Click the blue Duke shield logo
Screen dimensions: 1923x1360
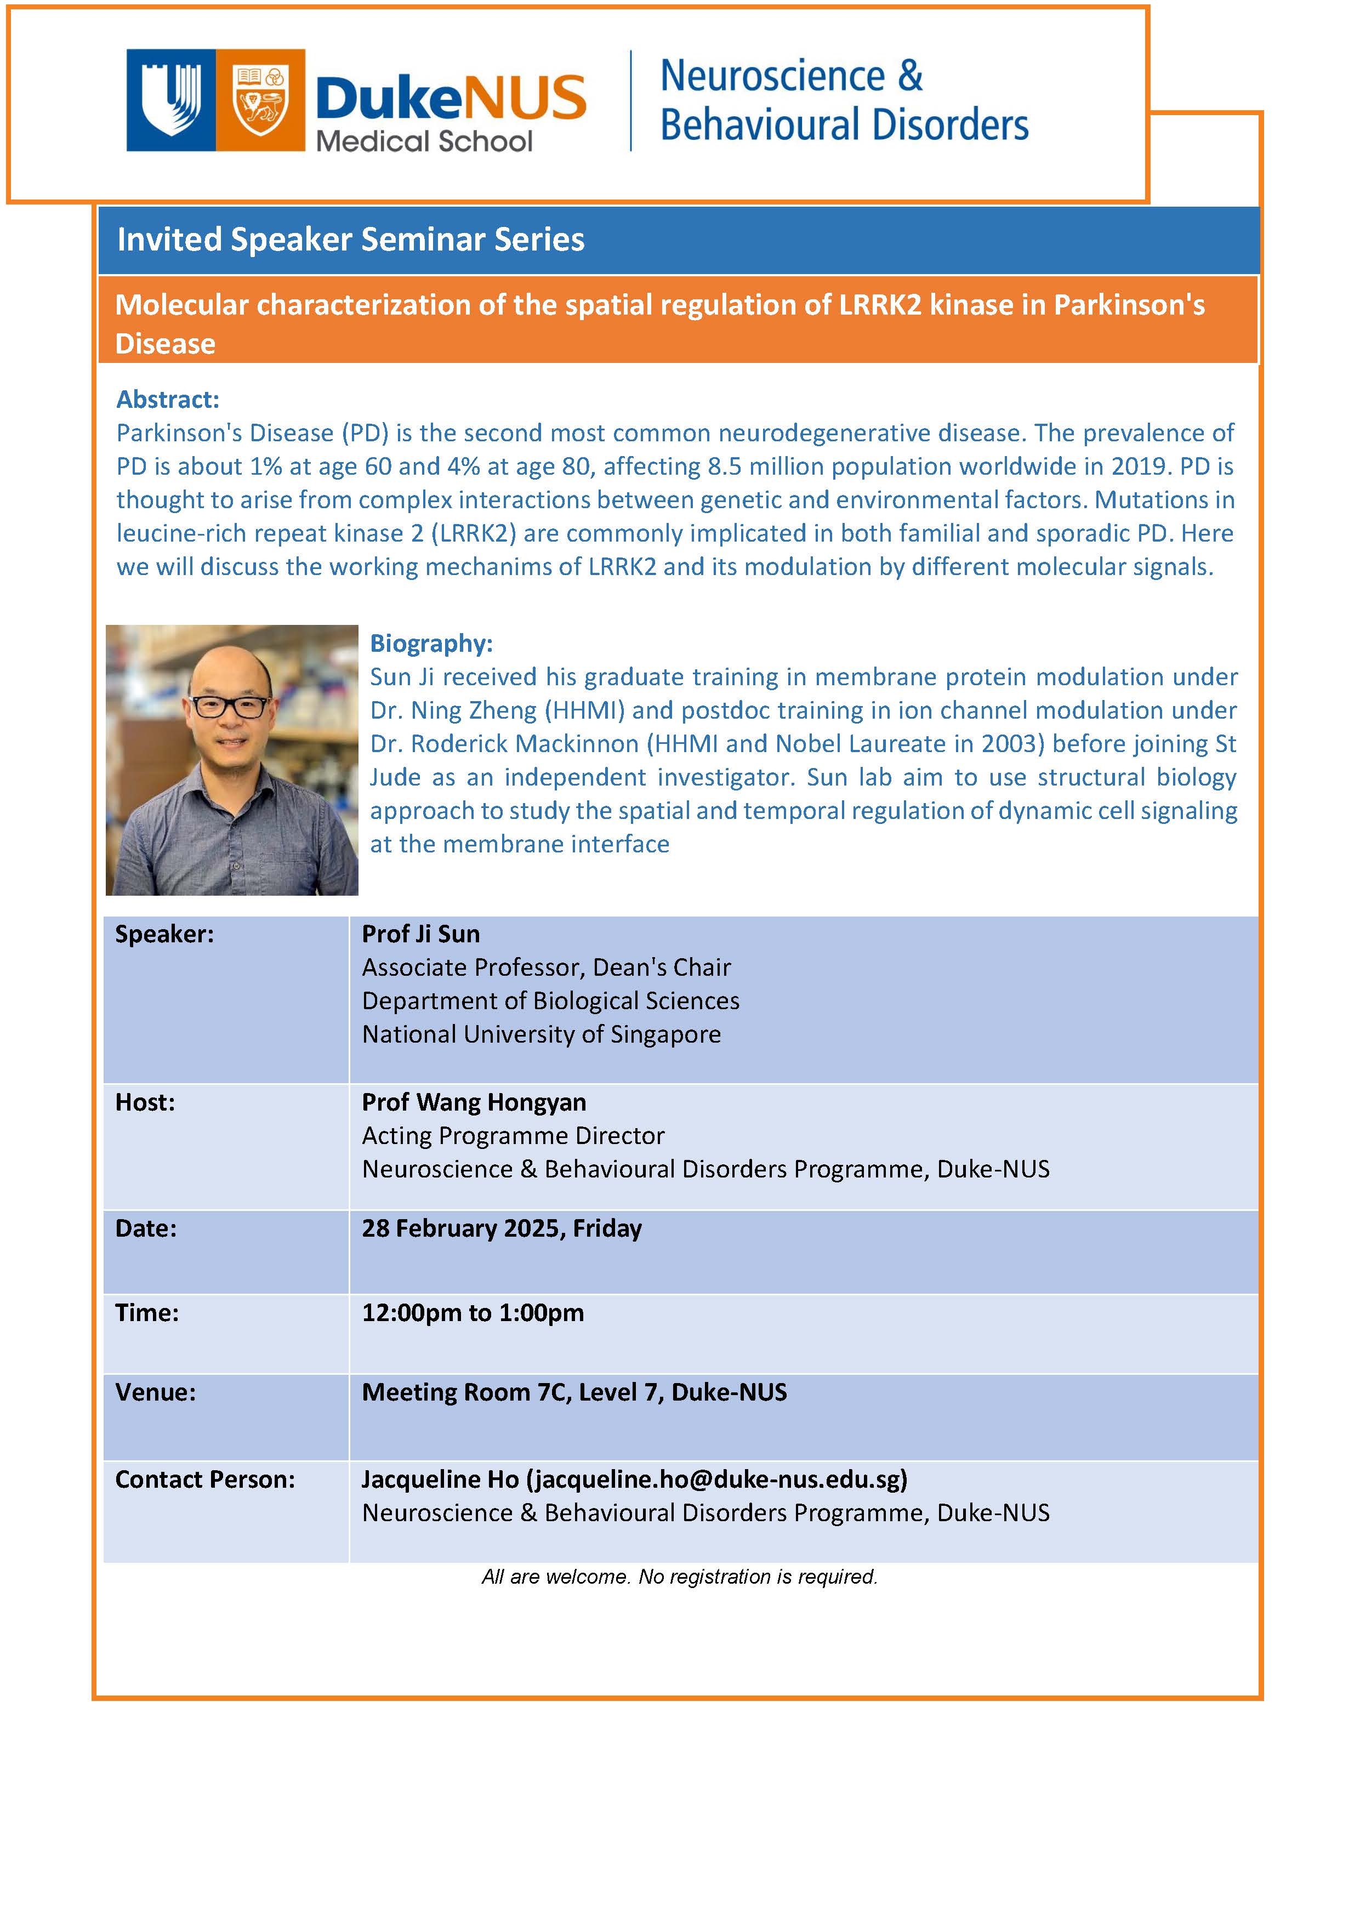click(172, 100)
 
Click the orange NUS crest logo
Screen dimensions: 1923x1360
click(260, 100)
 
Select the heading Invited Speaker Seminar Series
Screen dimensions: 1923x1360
click(350, 240)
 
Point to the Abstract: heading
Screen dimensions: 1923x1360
click(168, 400)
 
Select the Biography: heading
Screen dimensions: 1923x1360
click(431, 643)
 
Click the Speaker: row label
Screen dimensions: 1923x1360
click(164, 934)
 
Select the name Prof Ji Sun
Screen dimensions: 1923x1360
click(420, 934)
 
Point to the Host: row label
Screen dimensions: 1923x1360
click(145, 1102)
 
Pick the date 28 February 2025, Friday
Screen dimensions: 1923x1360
click(502, 1228)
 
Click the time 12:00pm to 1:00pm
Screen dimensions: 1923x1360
click(473, 1312)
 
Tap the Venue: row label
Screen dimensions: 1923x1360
click(155, 1392)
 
